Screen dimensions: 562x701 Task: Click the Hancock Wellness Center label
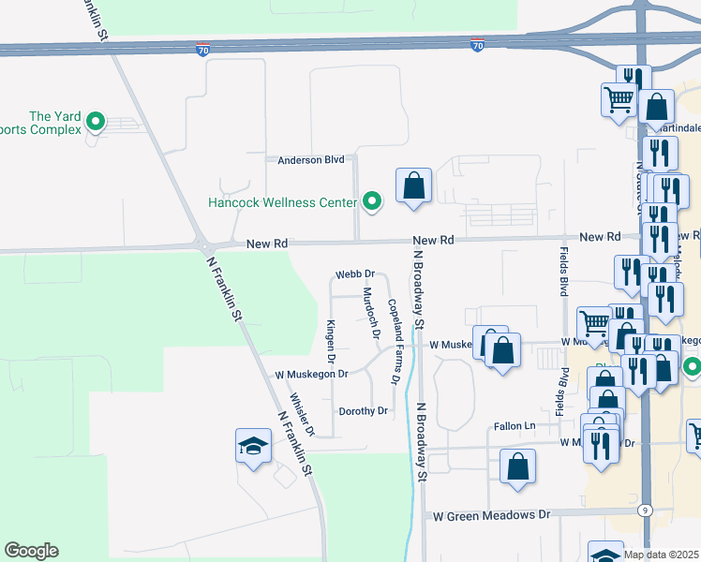282,202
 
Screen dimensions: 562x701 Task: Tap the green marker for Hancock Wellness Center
372,200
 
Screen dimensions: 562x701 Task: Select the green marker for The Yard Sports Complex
95,121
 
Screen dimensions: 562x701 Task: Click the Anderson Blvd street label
311,160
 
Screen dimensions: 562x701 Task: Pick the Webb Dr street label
355,274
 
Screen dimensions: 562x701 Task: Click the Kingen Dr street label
331,340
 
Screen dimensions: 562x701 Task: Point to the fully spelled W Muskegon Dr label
311,374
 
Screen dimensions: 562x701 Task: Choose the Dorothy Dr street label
363,411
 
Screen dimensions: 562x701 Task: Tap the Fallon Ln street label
515,426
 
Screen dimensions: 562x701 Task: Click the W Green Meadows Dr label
490,515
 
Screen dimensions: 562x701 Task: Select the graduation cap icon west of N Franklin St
253,446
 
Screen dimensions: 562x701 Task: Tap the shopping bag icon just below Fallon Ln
517,466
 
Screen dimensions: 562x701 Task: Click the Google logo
31,551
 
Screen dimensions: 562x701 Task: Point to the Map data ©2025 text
662,555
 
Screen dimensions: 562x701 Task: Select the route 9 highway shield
645,510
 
